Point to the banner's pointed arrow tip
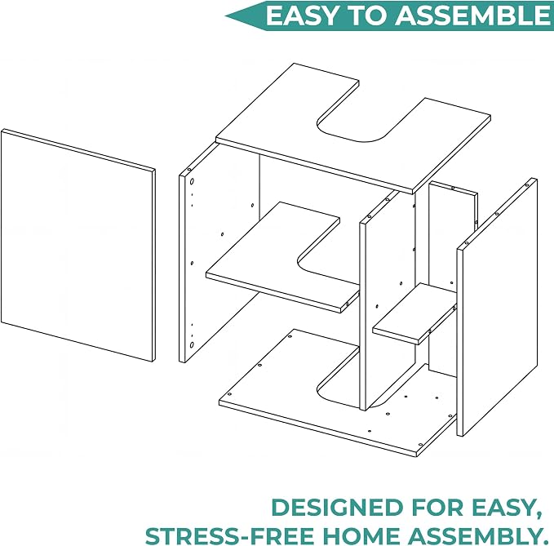226,16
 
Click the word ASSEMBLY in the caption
477,536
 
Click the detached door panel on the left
78,246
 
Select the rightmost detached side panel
496,308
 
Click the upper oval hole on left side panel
192,182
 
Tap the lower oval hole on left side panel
192,345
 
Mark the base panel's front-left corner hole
229,393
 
